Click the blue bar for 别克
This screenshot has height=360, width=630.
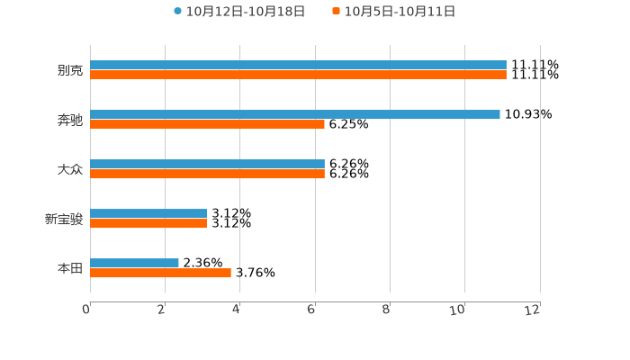298,65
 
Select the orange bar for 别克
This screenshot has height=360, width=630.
298,75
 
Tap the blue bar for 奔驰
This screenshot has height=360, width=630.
295,114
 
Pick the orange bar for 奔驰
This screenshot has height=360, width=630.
207,124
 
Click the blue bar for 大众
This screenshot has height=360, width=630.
207,164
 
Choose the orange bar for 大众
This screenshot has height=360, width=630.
207,174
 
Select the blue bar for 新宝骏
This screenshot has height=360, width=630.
148,213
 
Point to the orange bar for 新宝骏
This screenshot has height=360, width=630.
148,223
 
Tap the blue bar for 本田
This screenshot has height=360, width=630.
134,263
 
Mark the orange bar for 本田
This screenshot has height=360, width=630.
160,273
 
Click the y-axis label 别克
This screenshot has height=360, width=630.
69,70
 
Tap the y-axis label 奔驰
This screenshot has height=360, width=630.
69,120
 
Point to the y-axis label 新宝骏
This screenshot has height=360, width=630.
63,219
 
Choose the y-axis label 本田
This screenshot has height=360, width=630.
69,268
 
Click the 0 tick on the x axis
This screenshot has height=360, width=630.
86,310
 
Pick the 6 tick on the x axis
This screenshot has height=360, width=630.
311,310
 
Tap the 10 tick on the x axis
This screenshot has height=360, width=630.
458,310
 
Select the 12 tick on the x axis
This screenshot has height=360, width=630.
533,310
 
